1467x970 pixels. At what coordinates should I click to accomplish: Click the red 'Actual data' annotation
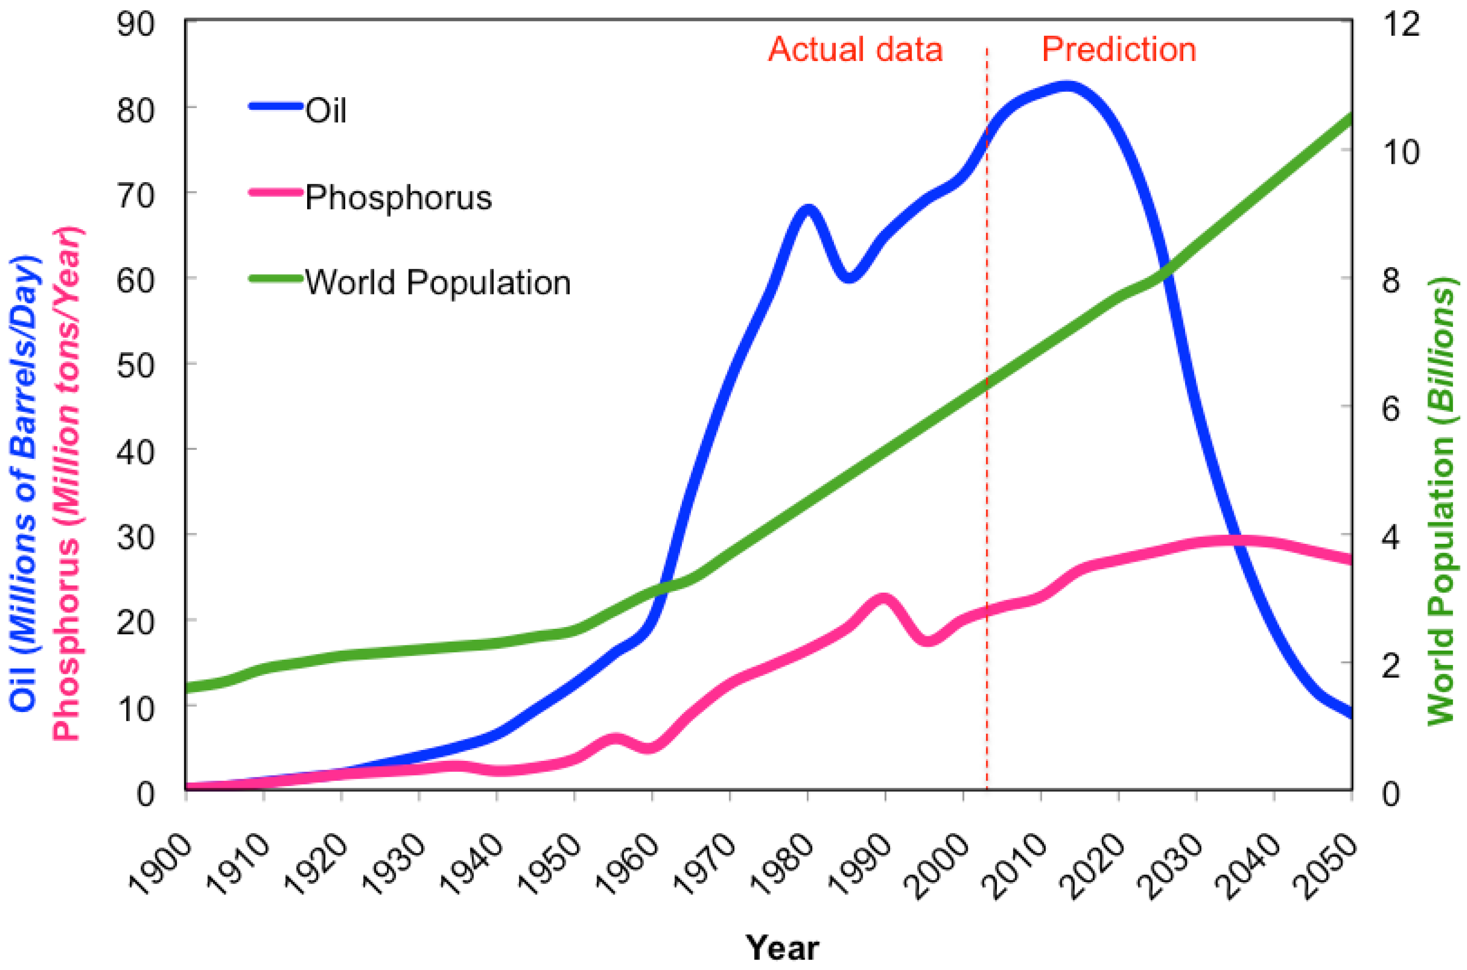(855, 50)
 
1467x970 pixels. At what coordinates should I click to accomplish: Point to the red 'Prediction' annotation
(1119, 50)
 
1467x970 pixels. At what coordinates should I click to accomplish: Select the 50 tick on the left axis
(136, 366)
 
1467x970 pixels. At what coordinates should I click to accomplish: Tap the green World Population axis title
(1441, 501)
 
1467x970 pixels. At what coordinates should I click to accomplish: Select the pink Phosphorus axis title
(66, 482)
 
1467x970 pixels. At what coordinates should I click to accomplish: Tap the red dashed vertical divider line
(986, 433)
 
